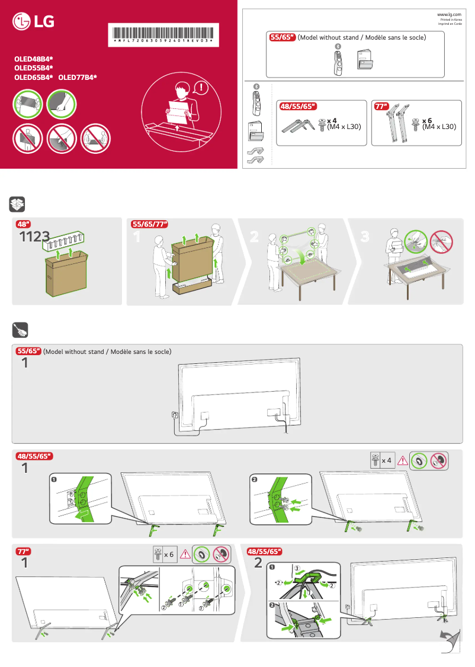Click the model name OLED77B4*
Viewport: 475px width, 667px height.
(78, 77)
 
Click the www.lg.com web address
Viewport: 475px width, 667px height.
(450, 14)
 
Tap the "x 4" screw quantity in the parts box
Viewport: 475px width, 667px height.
(332, 120)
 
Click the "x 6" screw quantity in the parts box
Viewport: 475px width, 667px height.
(427, 120)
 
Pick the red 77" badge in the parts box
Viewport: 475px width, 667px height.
(381, 107)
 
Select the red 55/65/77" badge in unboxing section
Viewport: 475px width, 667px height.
(149, 224)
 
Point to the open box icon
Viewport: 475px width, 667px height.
(18, 205)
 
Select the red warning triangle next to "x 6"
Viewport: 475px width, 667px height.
(185, 555)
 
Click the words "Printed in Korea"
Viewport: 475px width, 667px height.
(451, 20)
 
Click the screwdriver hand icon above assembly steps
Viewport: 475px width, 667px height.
(18, 330)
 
